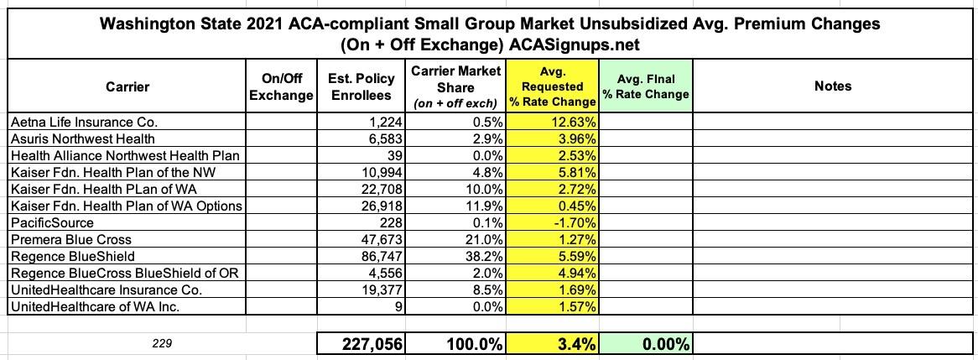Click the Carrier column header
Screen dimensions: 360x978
(127, 86)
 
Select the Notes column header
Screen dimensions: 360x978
(832, 86)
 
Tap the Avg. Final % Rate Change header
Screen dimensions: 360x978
(645, 86)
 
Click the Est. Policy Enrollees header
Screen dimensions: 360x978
(361, 86)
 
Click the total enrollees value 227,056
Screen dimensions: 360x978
(361, 344)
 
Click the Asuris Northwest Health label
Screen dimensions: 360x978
(82, 138)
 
